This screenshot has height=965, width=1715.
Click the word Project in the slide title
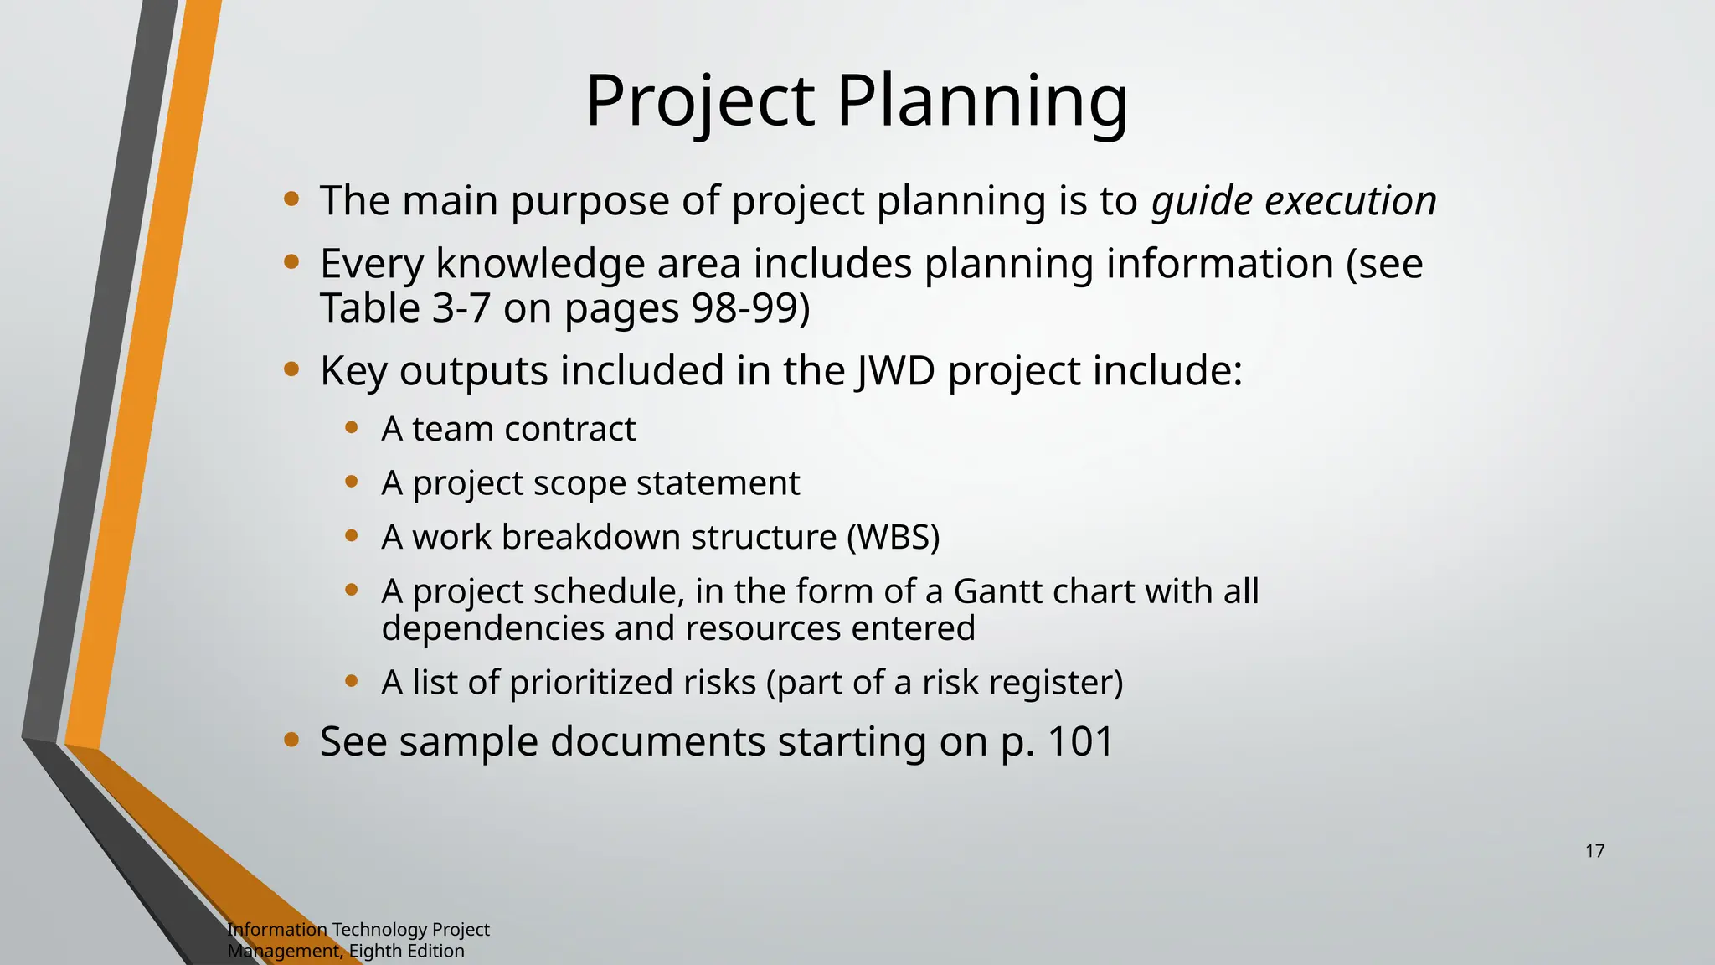700,102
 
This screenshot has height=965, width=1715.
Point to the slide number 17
1594,851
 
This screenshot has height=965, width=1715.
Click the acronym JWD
895,370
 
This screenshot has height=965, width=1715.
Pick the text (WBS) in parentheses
894,537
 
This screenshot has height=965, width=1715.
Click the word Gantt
997,591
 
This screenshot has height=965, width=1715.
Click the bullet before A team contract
352,428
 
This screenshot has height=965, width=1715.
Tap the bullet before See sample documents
291,740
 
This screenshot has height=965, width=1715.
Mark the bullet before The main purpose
291,199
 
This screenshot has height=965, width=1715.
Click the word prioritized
590,683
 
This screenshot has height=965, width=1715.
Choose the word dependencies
492,628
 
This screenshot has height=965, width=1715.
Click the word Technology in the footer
379,929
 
